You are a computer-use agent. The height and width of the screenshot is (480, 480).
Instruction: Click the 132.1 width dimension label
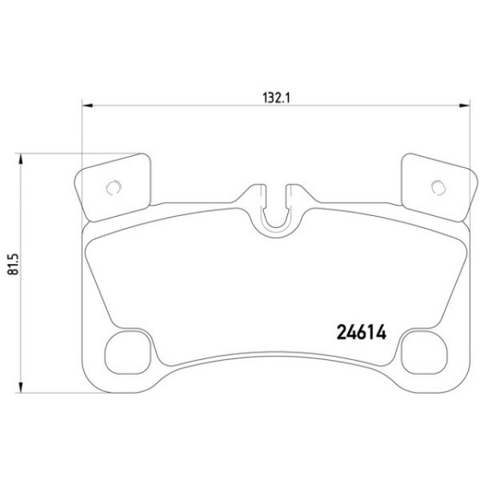pyautogui.click(x=276, y=98)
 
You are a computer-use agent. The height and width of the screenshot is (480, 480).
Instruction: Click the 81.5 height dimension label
pyautogui.click(x=14, y=264)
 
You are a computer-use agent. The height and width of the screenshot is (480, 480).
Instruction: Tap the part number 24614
pyautogui.click(x=362, y=332)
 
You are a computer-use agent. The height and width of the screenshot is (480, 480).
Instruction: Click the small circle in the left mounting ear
pyautogui.click(x=114, y=187)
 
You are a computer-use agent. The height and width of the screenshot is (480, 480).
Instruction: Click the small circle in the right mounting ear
pyautogui.click(x=438, y=187)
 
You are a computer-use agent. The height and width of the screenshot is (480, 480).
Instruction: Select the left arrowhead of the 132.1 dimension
pyautogui.click(x=87, y=106)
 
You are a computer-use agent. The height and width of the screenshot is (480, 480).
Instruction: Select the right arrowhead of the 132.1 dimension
pyautogui.click(x=464, y=106)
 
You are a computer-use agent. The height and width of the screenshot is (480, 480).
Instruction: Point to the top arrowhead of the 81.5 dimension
pyautogui.click(x=21, y=159)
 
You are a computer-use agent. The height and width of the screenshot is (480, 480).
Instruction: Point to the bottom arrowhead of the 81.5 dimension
pyautogui.click(x=21, y=387)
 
